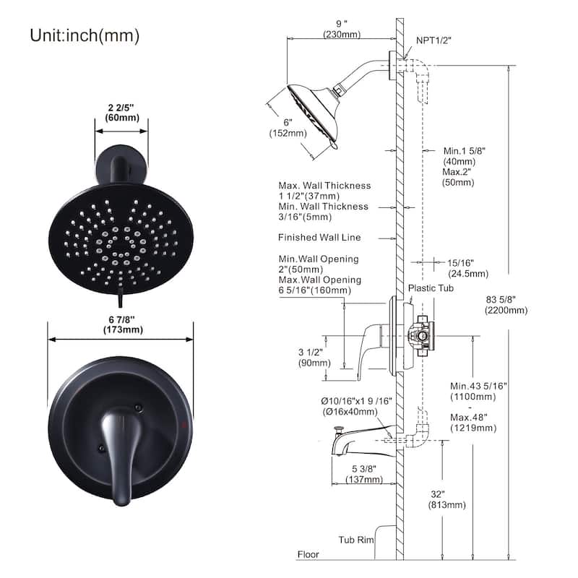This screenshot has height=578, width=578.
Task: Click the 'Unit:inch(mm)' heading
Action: [85, 35]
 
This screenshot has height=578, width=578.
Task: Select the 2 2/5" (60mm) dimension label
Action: [121, 111]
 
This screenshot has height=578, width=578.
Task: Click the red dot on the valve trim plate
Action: [190, 420]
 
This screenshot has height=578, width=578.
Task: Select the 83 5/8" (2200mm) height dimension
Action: [506, 304]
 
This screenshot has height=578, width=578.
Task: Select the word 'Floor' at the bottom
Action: [309, 555]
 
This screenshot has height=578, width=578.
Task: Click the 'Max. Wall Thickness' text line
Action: [324, 186]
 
